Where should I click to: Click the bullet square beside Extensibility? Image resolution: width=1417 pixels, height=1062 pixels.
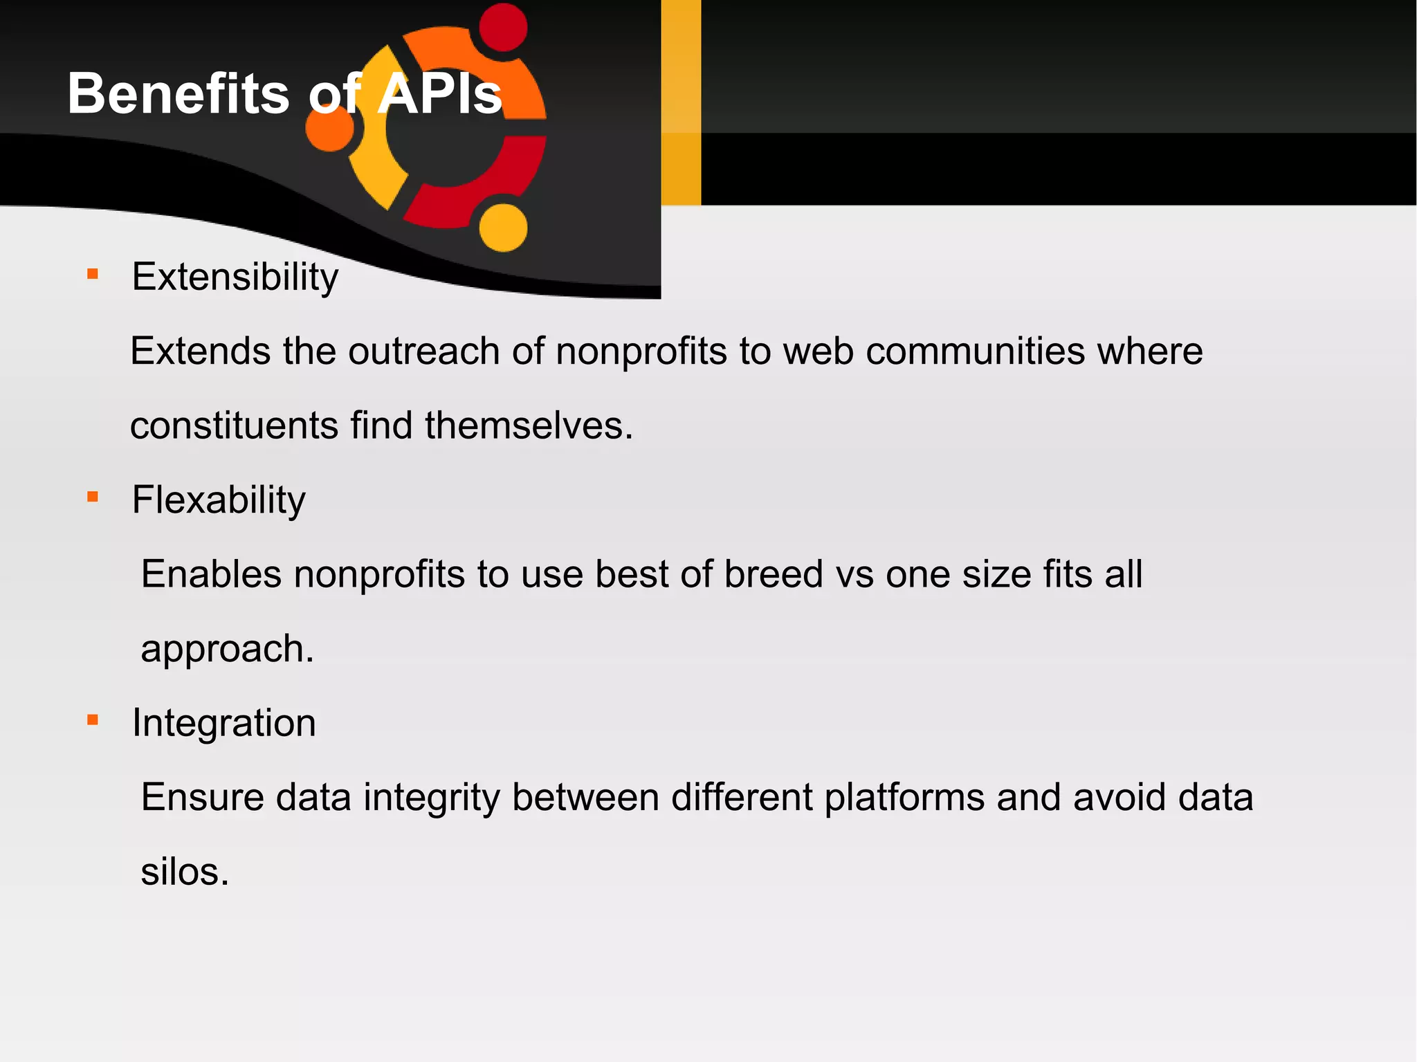click(93, 274)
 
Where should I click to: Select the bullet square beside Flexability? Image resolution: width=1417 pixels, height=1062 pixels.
click(93, 497)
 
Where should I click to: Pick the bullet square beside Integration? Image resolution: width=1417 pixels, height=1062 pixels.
click(93, 720)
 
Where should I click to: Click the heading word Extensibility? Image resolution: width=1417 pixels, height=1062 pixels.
click(235, 277)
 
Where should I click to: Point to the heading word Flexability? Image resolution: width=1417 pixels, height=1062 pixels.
click(219, 500)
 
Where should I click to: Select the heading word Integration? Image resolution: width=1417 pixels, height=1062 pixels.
click(224, 723)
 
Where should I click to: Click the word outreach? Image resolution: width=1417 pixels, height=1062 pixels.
click(424, 351)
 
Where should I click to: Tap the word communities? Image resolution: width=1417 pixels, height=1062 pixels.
click(976, 351)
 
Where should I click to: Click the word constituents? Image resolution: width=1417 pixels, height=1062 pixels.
click(234, 425)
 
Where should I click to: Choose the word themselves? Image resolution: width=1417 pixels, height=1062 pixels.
click(529, 425)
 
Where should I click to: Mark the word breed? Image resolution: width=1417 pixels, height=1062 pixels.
click(774, 574)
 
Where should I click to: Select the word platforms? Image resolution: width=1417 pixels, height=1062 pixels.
click(904, 798)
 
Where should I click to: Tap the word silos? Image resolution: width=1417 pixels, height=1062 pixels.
click(184, 872)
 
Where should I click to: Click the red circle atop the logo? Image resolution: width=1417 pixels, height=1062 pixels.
click(503, 28)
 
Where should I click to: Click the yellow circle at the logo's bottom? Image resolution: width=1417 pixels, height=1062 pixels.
click(503, 228)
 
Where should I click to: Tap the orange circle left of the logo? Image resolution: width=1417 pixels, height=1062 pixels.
click(330, 127)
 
